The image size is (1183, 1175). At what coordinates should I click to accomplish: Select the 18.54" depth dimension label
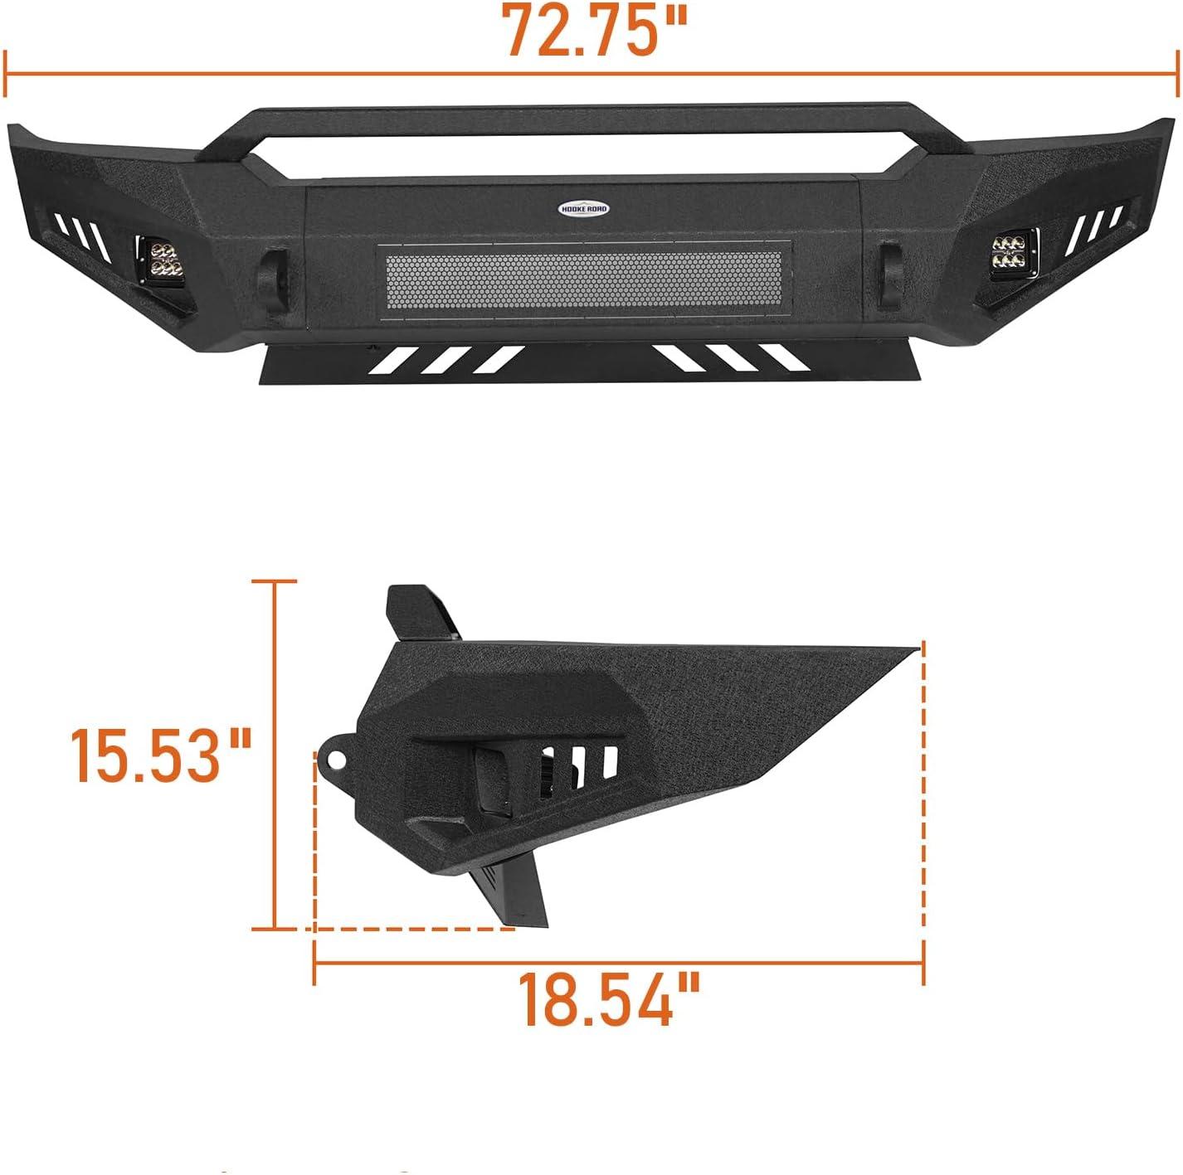(609, 999)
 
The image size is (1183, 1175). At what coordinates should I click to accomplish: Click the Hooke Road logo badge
(584, 209)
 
